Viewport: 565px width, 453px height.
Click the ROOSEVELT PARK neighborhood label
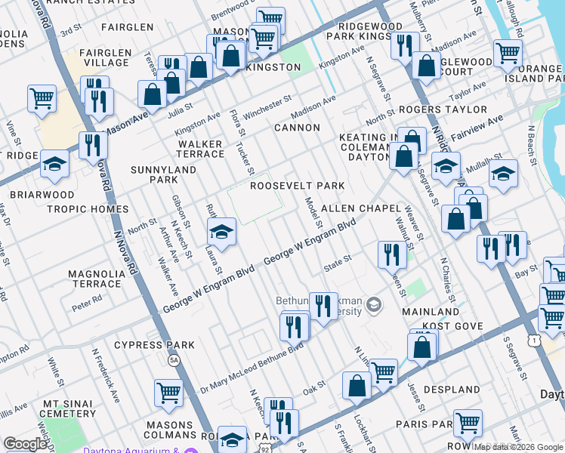297,186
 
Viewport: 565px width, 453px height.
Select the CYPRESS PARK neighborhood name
154,345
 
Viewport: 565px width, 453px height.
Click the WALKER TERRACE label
200,149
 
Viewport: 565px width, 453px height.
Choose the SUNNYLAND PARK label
164,174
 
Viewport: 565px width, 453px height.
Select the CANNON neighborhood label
297,128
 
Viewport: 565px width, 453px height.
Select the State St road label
337,259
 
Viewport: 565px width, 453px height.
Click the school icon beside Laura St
221,232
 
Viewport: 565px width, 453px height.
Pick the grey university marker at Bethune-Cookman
373,305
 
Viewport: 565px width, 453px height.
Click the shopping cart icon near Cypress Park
168,393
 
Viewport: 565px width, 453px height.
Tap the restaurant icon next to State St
391,254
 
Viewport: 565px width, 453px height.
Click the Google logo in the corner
25,444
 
